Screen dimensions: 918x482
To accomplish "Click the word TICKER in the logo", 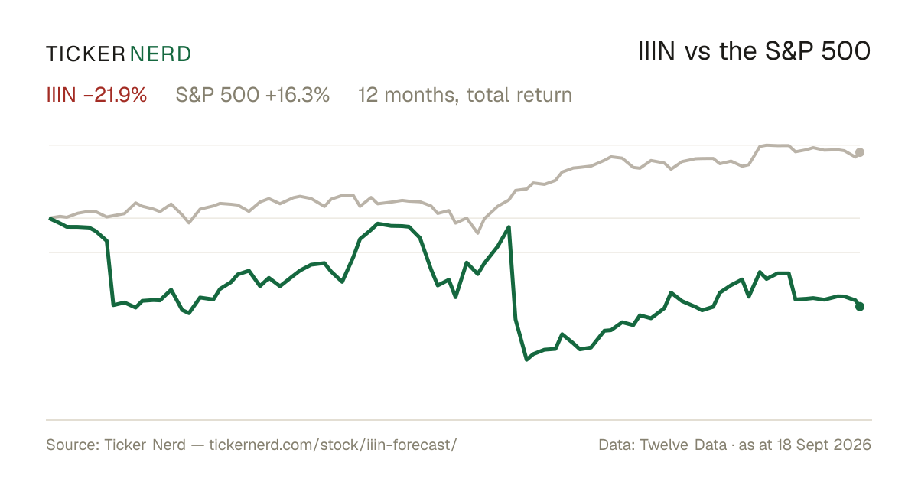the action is pos(85,54).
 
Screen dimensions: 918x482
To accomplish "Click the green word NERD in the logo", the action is pos(160,54).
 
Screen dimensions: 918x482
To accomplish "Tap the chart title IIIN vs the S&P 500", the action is pos(754,51).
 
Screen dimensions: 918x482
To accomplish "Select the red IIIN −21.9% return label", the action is pos(96,95).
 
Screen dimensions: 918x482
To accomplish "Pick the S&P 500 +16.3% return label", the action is pos(252,95).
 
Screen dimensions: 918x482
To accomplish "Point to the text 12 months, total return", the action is pos(465,96).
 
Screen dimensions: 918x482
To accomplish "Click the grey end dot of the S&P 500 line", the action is pos(860,152).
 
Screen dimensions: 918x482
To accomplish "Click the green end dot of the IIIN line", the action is pos(860,306).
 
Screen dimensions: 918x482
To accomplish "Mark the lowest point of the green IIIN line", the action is pos(526,360).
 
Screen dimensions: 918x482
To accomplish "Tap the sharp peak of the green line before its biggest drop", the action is pos(509,227).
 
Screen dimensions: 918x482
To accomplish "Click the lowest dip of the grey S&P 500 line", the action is pos(478,233).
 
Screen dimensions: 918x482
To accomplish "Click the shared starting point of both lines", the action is pos(50,219).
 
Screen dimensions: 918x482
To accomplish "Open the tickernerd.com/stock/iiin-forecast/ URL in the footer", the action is pos(333,445).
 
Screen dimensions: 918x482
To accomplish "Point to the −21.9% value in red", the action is pos(115,95).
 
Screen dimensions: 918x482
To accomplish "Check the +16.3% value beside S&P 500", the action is pos(297,95).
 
